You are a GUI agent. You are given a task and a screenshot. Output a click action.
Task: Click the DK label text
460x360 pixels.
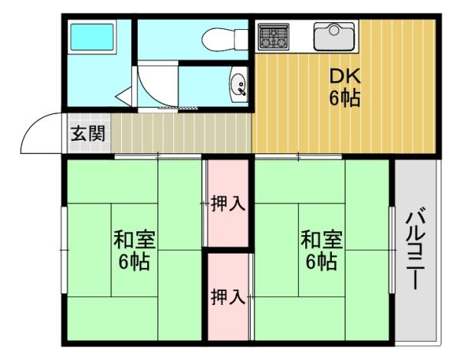[345, 77]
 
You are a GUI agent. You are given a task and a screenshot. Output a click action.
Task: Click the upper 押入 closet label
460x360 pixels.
[228, 204]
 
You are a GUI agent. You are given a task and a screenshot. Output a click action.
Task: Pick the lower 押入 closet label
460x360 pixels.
[228, 297]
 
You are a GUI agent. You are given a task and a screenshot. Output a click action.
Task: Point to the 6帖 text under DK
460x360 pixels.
[345, 98]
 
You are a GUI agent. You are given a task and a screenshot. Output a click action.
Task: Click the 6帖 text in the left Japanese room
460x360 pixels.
[135, 262]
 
